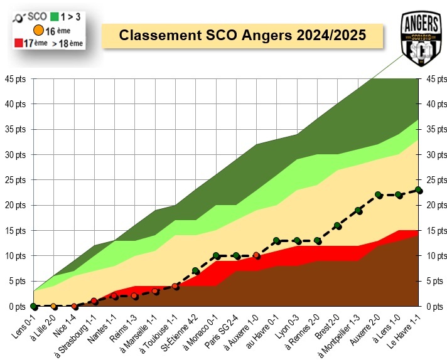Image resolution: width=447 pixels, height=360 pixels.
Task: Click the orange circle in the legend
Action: point(38,29)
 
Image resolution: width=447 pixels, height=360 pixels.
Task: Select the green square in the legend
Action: point(55,17)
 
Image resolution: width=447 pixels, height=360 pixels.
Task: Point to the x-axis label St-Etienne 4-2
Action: point(182,329)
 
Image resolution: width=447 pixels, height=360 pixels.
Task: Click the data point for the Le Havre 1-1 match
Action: point(419,190)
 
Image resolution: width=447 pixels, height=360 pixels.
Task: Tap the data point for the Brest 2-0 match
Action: point(338,226)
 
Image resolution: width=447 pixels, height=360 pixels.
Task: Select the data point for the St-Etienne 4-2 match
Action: point(196,271)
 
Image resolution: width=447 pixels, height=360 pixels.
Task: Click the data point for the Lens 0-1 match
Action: point(33,306)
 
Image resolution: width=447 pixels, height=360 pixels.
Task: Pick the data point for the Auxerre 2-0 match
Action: point(378,195)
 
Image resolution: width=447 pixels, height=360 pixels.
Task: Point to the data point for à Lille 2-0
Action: point(54,306)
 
